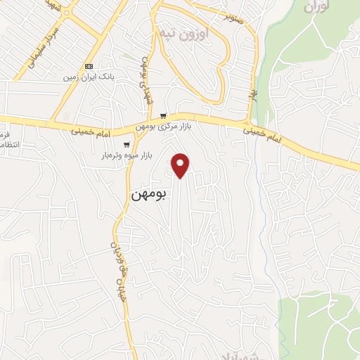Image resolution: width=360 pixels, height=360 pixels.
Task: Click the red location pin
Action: coord(181,165)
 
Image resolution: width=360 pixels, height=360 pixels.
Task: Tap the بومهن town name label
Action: coord(149,194)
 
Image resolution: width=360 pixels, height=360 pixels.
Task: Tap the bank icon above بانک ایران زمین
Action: coord(88,66)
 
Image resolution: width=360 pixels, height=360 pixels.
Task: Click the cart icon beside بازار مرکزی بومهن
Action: coord(163,116)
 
